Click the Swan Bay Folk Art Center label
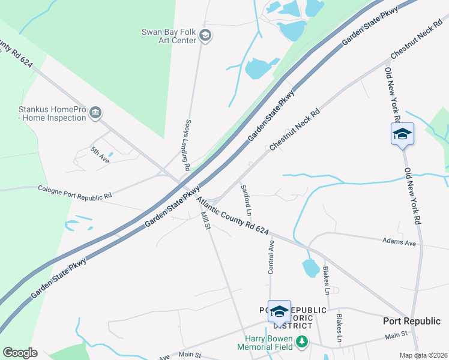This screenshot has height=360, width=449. [169, 36]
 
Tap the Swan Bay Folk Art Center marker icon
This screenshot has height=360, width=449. [205, 36]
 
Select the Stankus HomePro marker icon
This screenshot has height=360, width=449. [95, 113]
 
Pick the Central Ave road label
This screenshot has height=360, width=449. [271, 257]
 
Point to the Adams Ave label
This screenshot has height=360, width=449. [399, 242]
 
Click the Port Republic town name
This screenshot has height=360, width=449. [412, 321]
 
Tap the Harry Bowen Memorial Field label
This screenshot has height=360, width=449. [265, 343]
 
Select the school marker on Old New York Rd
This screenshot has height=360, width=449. [402, 134]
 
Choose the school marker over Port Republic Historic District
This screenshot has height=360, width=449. [279, 311]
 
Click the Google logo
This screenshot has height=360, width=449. [20, 353]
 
